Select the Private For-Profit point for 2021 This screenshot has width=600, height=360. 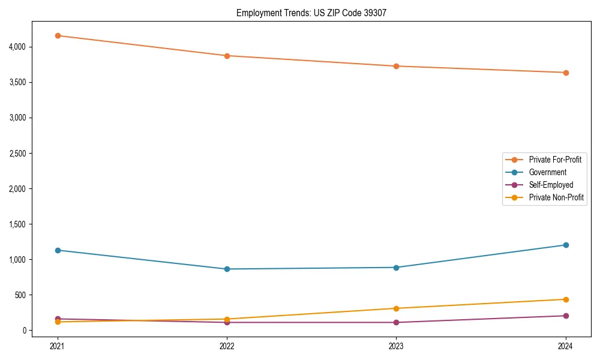point(58,35)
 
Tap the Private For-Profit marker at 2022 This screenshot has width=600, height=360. point(227,56)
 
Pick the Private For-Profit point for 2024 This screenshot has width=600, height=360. point(566,73)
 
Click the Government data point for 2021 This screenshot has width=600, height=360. point(58,250)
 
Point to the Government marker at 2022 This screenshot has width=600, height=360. point(227,269)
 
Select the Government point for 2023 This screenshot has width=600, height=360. point(397,268)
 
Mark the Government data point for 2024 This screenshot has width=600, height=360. point(566,245)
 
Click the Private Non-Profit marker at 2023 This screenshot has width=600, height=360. point(397,308)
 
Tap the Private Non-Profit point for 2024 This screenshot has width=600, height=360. point(566,299)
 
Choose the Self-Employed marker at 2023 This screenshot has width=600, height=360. point(397,322)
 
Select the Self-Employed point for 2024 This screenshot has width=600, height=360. point(566,316)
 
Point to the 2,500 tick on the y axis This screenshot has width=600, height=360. point(17,154)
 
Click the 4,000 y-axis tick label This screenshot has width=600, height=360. point(17,47)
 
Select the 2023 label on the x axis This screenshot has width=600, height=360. point(397,346)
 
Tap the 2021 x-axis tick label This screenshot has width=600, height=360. point(58,346)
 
